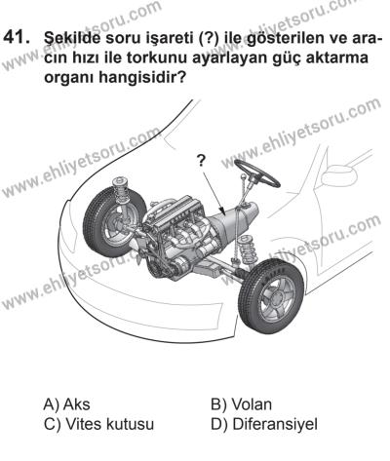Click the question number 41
pyautogui.click(x=17, y=38)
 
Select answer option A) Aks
pyautogui.click(x=66, y=404)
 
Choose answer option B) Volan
pyautogui.click(x=241, y=404)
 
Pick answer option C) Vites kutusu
pyautogui.click(x=98, y=424)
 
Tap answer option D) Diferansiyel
pyautogui.click(x=264, y=424)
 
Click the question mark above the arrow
pyautogui.click(x=202, y=161)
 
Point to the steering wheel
pyautogui.click(x=257, y=173)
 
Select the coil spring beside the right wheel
pyautogui.click(x=249, y=250)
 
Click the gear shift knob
pyautogui.click(x=244, y=177)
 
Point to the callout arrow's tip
pyautogui.click(x=225, y=214)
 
